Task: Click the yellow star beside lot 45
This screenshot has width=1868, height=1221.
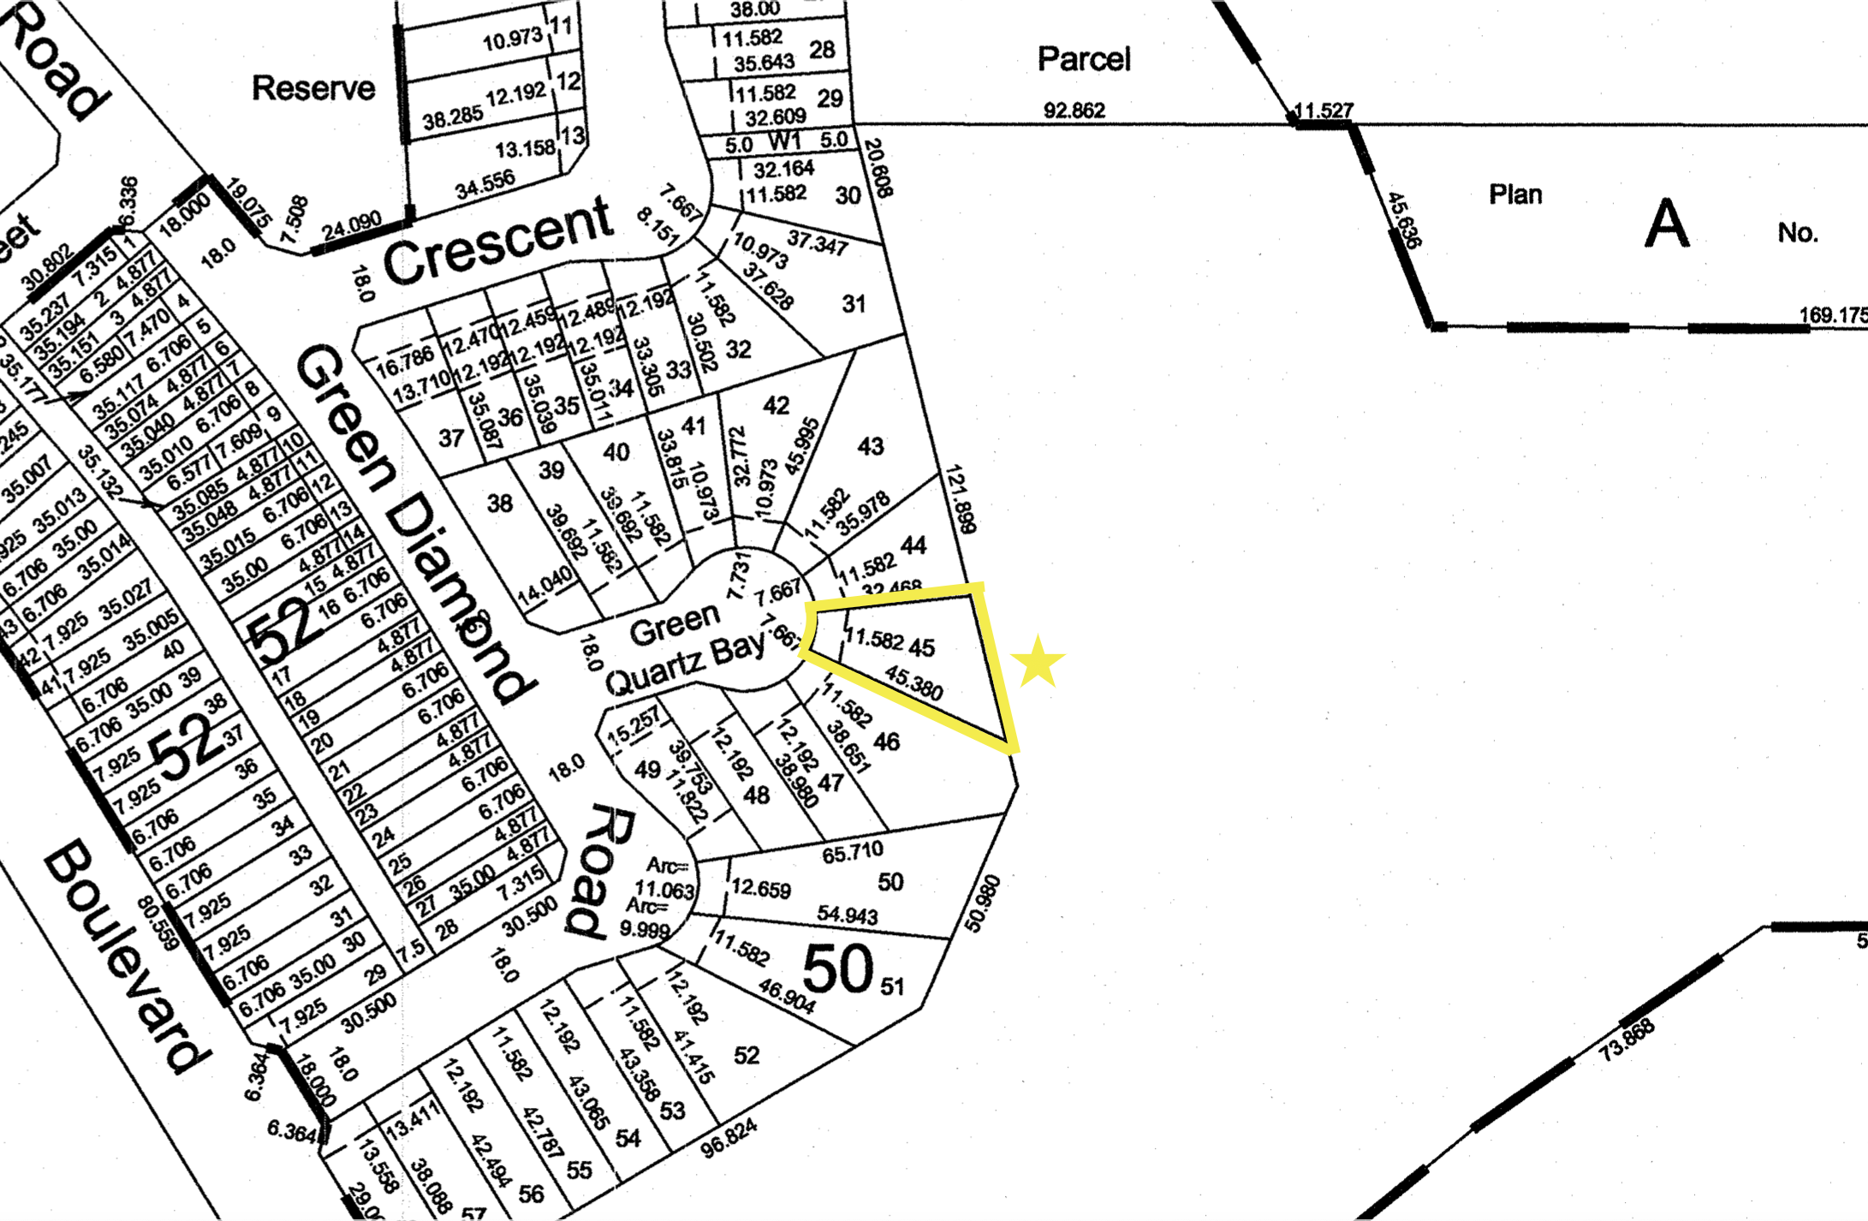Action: point(1038,662)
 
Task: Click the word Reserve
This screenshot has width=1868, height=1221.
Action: point(313,88)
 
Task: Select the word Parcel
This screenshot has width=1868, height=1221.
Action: point(1084,59)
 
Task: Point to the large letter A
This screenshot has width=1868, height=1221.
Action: point(1667,223)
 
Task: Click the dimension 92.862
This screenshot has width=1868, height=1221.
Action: point(1074,110)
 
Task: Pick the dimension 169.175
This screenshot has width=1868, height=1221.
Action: point(1832,315)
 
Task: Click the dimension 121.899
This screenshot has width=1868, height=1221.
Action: point(961,499)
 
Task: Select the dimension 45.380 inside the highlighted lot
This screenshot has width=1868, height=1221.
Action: point(914,682)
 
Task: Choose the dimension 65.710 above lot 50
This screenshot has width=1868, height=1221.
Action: point(852,853)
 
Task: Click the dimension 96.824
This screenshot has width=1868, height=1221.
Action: point(729,1139)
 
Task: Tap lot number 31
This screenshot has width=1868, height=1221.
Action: point(854,304)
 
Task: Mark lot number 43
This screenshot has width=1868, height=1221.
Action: point(871,446)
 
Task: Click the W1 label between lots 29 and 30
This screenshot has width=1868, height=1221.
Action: point(784,140)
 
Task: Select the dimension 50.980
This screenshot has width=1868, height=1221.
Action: point(982,902)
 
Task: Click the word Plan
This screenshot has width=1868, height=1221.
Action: point(1515,194)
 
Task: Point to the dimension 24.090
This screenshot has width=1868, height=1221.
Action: point(351,226)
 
